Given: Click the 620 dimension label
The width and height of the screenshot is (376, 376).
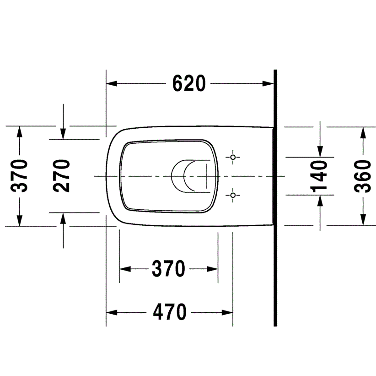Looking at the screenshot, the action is coord(189,83).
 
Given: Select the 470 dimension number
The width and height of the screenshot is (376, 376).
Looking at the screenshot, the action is coord(170,312).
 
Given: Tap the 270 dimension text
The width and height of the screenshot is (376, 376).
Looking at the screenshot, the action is coord(61,176).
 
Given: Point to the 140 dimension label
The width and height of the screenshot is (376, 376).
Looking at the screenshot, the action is coord(319,177).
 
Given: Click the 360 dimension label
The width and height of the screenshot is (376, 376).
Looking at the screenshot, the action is coord(363,176).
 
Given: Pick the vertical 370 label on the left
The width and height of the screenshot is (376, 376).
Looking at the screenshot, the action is coord(19,175).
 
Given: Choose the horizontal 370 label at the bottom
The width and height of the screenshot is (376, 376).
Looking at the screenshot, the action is coord(169,268).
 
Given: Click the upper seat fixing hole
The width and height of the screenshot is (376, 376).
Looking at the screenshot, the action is coord(233,157).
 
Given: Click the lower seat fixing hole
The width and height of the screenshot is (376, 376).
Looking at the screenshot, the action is coord(233,195).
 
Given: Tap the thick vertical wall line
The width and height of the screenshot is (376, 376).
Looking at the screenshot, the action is coord(275,198).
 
